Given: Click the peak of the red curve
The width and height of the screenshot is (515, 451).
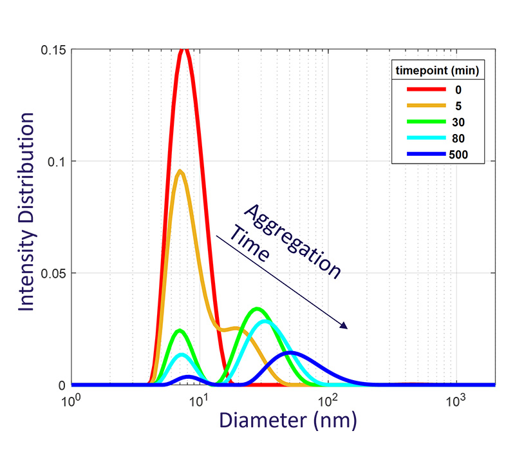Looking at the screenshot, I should [185, 50].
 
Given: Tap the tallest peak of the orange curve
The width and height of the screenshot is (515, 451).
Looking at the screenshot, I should [180, 171].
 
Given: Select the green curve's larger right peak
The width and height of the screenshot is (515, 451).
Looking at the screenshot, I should [256, 309].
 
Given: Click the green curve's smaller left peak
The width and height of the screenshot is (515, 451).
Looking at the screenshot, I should [180, 331].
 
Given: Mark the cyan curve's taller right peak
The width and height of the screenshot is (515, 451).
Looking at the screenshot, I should [265, 321].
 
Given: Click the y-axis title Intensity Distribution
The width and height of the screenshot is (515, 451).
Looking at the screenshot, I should [26, 212].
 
